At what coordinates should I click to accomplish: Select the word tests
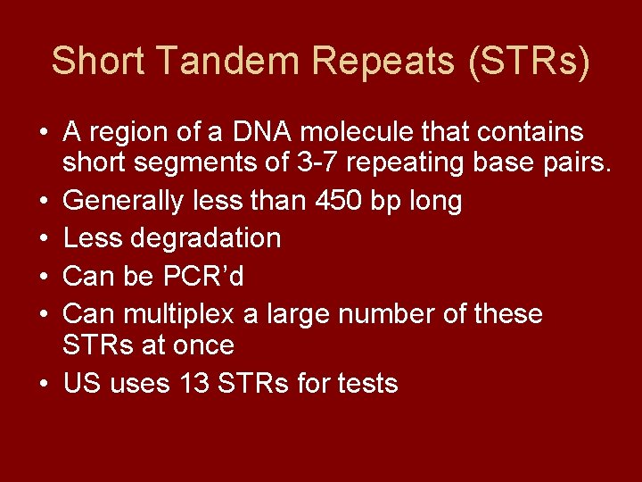pyautogui.click(x=366, y=384)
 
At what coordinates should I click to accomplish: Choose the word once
pyautogui.click(x=204, y=345)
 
